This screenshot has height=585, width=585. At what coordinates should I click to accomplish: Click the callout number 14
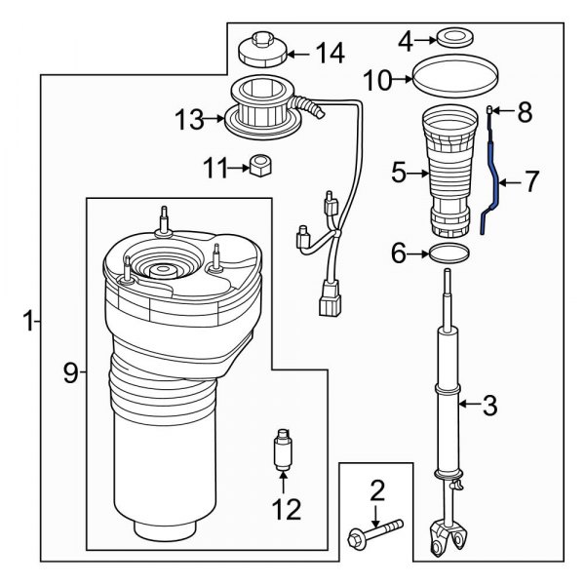click(x=331, y=54)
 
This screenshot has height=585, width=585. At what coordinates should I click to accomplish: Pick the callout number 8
click(x=526, y=114)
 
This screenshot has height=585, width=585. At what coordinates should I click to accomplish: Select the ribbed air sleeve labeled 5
click(x=448, y=175)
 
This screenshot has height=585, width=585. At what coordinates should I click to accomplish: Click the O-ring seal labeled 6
click(x=448, y=255)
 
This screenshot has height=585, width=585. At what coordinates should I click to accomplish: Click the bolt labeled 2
click(x=375, y=532)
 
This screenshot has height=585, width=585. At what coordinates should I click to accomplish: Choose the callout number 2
click(x=377, y=489)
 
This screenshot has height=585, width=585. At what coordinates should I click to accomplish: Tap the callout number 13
click(x=188, y=121)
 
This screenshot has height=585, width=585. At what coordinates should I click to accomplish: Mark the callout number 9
click(x=69, y=372)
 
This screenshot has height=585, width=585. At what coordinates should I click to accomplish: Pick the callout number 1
click(x=29, y=319)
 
